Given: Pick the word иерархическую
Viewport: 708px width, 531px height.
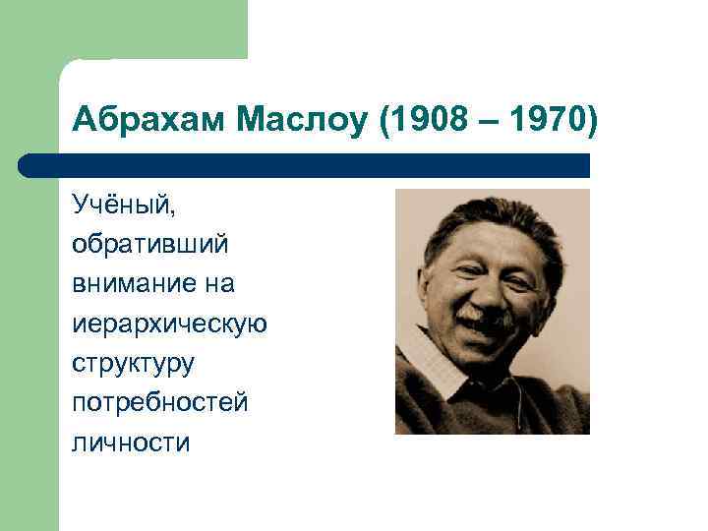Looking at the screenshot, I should pos(168,323).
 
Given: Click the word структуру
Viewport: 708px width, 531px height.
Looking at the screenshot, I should pos(133,363).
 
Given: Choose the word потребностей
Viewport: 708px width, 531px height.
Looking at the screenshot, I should pos(159,402).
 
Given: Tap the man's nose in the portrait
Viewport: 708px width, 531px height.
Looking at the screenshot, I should pos(488,291).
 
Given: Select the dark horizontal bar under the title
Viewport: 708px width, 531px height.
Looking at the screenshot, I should pos(305,165).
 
